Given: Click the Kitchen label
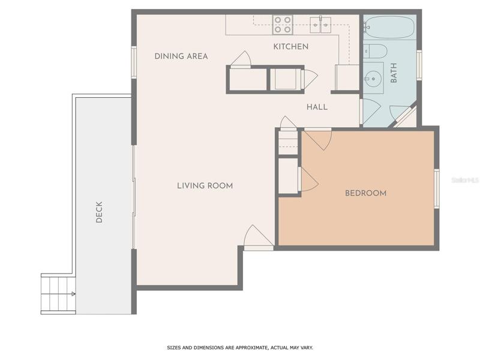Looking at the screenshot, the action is tap(290, 47).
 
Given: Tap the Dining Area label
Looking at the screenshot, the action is tap(181, 56).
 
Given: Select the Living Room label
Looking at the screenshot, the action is tap(205, 185).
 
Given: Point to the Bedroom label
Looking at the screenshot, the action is tap(365, 193).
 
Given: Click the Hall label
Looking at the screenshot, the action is tap(317, 107).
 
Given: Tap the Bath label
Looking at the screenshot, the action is tap(394, 73).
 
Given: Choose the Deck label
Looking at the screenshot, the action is tap(99, 212).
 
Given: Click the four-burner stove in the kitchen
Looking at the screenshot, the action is tap(283, 25).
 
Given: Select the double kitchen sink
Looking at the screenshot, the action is tap(320, 25).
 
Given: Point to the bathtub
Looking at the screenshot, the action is tap(390, 27).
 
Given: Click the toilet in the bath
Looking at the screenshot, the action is tap(376, 51).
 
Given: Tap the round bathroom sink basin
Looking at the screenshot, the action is tap(374, 79).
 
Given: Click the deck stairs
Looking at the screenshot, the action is tap(58, 294).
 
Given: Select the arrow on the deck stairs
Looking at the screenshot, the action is tap(73, 294).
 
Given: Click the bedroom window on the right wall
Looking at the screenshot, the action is tap(437, 188).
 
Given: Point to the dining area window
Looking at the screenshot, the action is tap(134, 62).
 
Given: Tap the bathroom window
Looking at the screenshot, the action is tap(419, 65).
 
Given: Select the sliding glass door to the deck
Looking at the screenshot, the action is tap(134, 197).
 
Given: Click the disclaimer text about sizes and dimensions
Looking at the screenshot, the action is tap(240, 348).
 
